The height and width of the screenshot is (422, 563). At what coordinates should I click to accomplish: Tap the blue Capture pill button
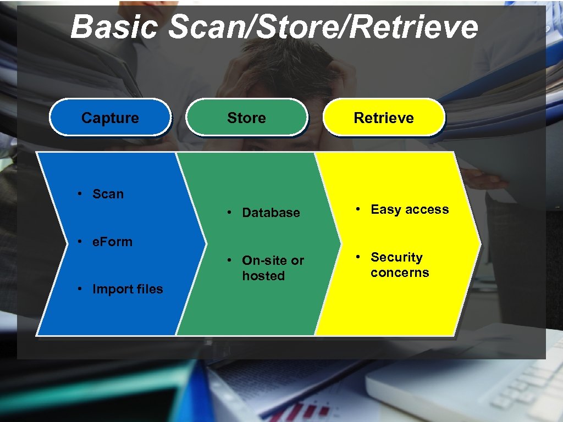coord(110,118)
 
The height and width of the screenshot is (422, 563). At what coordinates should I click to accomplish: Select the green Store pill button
coord(246,118)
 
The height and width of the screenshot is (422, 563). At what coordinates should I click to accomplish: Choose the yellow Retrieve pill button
coord(384,118)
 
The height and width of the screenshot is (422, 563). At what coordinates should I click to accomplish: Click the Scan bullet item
coord(108,194)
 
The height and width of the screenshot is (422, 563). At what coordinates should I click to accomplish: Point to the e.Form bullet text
coord(112,242)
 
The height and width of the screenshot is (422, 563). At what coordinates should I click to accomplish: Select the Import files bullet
coord(128,289)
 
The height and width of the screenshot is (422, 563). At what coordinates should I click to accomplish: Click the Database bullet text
coord(271,213)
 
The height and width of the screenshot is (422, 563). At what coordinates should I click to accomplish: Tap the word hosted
coord(263,276)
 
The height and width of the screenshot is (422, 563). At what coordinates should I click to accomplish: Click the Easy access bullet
coord(410,209)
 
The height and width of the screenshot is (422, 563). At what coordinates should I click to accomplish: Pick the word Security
coord(396,257)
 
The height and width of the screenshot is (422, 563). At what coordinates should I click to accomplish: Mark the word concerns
coord(400,273)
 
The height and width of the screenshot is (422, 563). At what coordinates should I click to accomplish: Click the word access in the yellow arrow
coord(428,209)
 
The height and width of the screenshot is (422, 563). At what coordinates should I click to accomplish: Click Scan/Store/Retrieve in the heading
coord(323,26)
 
